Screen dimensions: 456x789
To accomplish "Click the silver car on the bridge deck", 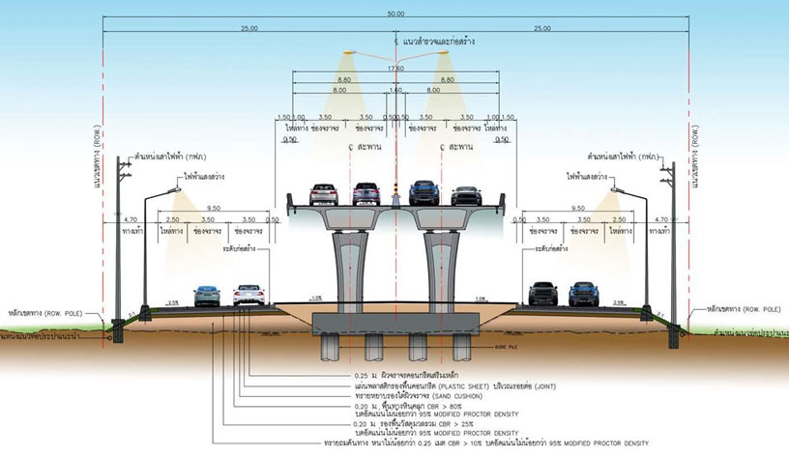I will tap(365, 195).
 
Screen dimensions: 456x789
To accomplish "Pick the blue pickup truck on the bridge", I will tap(425, 194).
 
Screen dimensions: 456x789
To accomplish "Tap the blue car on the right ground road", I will tap(580, 293).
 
